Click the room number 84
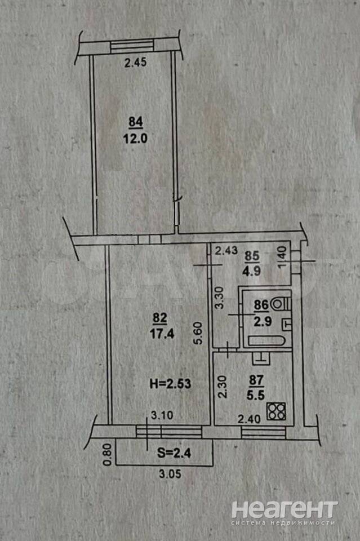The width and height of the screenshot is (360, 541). [136, 122]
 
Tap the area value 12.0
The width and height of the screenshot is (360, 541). [135, 139]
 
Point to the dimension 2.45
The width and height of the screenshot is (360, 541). [136, 63]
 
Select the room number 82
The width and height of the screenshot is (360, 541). [159, 318]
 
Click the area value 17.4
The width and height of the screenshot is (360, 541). [162, 334]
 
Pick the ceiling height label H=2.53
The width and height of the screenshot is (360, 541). [170, 383]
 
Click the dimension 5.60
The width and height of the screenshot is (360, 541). [199, 333]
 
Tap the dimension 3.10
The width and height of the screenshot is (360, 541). [162, 415]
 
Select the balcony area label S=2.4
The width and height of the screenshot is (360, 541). [174, 453]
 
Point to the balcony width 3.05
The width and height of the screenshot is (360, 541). [170, 474]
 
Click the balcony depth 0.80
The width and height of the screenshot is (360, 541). [108, 454]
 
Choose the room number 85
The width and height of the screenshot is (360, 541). [252, 256]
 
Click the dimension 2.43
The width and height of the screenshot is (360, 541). [226, 250]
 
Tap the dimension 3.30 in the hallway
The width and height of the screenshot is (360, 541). [220, 298]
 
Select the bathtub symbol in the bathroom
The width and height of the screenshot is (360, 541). [266, 341]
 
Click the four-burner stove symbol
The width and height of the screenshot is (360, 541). [276, 411]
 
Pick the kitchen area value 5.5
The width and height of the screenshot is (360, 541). [256, 394]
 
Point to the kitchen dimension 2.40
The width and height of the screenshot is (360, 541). [249, 419]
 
